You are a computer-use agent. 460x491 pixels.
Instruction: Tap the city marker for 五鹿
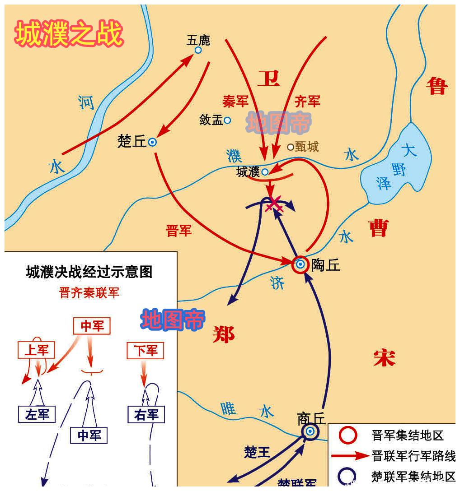click(198, 50)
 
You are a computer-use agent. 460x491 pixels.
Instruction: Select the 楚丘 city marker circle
click(152, 142)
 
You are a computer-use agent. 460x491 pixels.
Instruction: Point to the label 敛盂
click(211, 120)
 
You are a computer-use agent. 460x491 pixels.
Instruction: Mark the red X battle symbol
click(274, 204)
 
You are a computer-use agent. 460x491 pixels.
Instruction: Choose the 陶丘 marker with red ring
click(300, 264)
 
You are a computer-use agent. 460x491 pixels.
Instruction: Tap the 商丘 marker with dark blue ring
click(310, 431)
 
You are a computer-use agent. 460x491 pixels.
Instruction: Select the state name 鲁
click(437, 86)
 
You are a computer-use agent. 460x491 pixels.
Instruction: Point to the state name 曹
click(378, 228)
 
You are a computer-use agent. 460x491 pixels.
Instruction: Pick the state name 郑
click(224, 334)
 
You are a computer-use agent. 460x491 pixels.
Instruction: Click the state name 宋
click(385, 358)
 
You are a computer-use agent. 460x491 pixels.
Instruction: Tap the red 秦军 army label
click(235, 102)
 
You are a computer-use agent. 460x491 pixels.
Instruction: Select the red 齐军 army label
click(307, 102)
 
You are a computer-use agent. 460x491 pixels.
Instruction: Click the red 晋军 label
click(179, 231)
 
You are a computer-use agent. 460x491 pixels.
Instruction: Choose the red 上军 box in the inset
click(36, 350)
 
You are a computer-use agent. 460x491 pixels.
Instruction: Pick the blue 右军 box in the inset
click(146, 414)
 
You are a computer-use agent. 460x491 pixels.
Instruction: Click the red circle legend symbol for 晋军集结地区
click(348, 435)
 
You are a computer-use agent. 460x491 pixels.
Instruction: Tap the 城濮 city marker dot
click(265, 171)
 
